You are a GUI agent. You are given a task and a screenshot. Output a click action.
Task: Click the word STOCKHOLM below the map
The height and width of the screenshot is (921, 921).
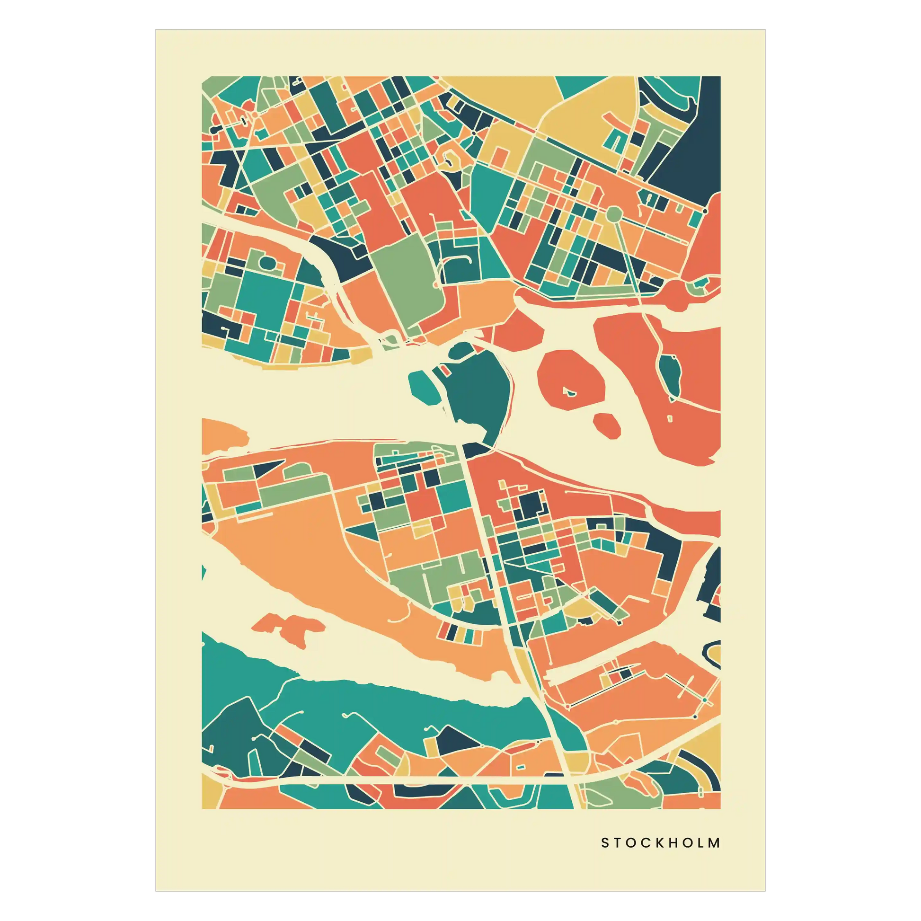660,843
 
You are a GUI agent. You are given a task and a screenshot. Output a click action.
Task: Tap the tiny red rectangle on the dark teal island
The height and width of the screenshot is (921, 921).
444,370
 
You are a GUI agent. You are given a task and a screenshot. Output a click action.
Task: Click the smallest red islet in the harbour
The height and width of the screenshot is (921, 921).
607,425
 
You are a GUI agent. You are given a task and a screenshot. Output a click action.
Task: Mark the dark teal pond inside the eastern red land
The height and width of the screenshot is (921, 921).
671,374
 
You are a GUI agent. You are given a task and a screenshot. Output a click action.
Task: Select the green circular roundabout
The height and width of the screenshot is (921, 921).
614,214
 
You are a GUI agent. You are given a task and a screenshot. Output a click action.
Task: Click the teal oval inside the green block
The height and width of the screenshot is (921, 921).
267,262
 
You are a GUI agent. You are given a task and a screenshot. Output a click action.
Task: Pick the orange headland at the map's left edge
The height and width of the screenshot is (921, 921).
221,435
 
